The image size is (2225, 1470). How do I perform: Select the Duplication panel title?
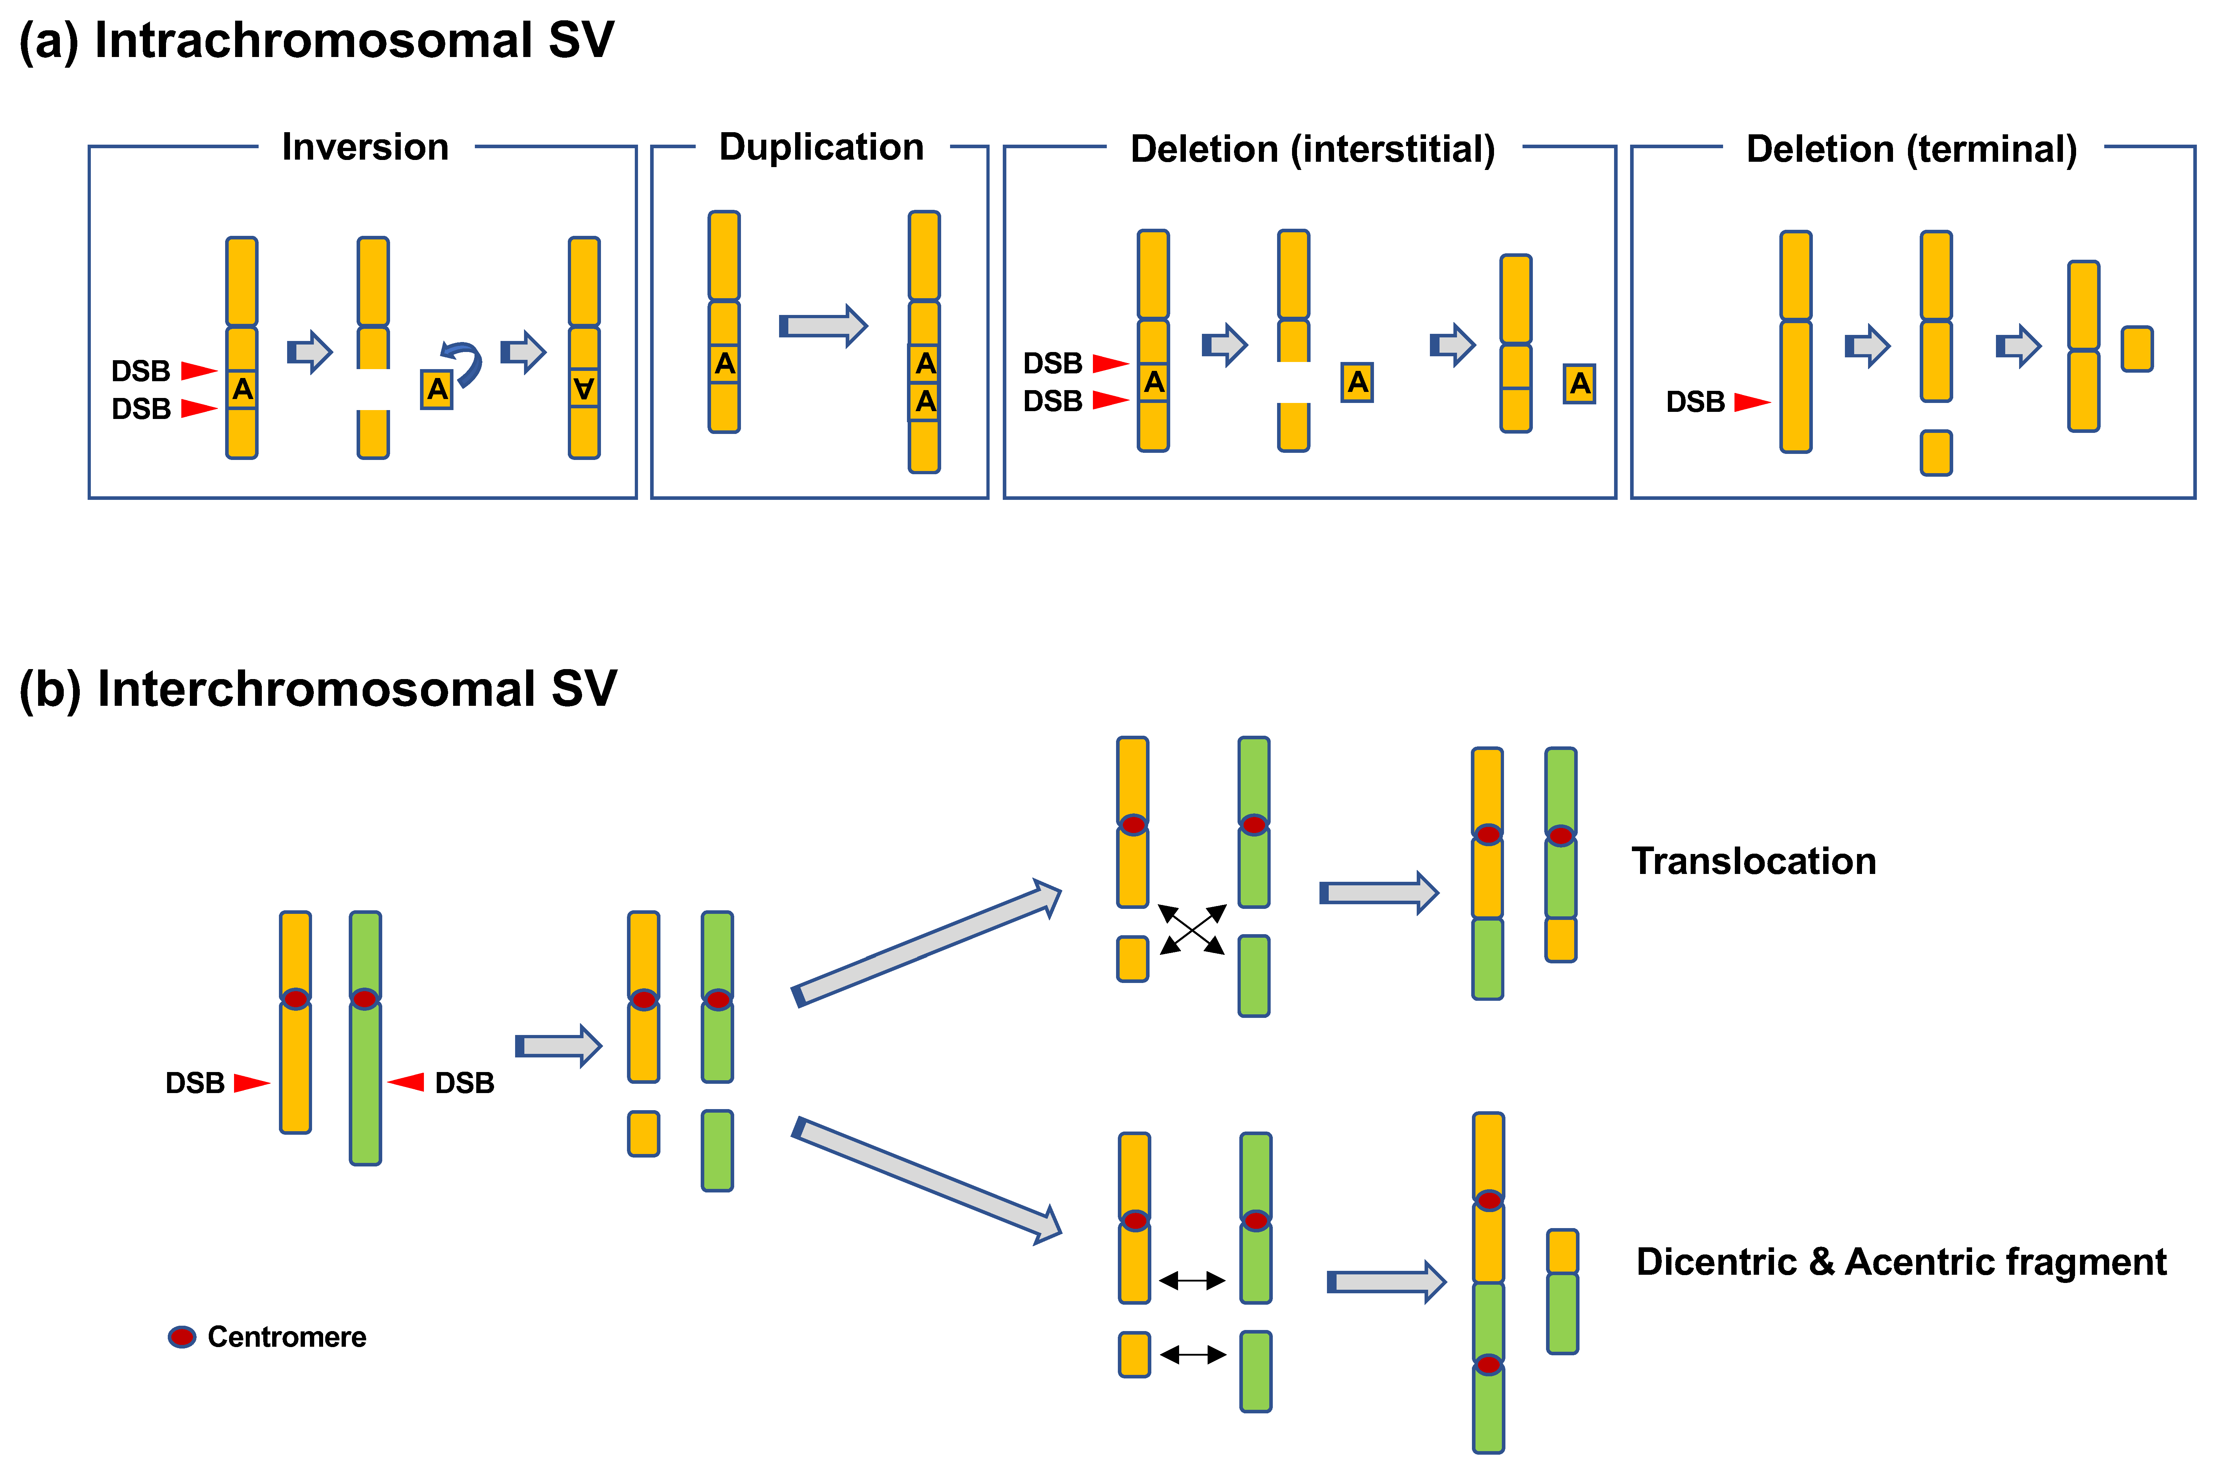821,147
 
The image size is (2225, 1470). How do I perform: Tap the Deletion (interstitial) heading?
1312,149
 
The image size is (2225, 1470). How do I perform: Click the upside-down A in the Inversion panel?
584,388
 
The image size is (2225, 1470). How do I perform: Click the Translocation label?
1754,861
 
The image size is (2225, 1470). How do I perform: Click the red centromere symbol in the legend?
182,1337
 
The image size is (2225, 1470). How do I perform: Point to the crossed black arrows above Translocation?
1191,929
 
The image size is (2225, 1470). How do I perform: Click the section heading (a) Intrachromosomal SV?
317,41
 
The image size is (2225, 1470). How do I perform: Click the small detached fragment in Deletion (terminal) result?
2137,349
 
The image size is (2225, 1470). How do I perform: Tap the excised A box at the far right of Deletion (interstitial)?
1579,383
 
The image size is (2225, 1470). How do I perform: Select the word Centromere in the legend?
287,1337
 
